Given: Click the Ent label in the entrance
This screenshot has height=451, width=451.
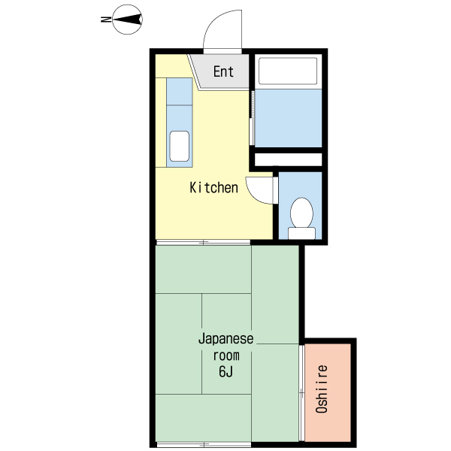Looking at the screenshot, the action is click(x=223, y=71).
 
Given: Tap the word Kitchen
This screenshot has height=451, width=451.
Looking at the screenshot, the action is click(x=213, y=187).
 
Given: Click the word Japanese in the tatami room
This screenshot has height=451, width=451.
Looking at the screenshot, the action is click(x=226, y=340).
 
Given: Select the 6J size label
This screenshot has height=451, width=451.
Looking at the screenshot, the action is click(x=225, y=371).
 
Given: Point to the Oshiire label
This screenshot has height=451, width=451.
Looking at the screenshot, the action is click(x=322, y=389).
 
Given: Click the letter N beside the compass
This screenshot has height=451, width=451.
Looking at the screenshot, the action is click(x=106, y=20).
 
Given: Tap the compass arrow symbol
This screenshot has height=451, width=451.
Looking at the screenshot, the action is click(x=128, y=20).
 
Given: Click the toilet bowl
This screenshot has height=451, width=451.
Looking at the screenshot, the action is click(x=301, y=213).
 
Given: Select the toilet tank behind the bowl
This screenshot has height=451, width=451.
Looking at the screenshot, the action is click(x=301, y=233).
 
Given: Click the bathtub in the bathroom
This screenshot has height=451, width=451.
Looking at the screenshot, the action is click(x=288, y=71).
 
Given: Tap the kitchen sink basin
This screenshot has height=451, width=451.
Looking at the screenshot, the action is click(x=179, y=146).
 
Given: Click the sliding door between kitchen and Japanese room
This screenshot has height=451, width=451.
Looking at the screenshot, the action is click(x=203, y=243).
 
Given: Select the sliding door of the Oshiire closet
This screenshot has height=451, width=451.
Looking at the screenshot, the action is click(x=301, y=393).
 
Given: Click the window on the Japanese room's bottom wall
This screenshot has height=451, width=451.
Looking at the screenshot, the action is click(x=204, y=445).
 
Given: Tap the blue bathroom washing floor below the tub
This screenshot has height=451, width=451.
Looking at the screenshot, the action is click(x=288, y=118).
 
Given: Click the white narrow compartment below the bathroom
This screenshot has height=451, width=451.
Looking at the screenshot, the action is click(x=288, y=159).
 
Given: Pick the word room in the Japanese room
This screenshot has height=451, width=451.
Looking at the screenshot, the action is click(x=226, y=356).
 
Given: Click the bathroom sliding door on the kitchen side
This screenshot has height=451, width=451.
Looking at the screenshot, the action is click(x=252, y=118).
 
